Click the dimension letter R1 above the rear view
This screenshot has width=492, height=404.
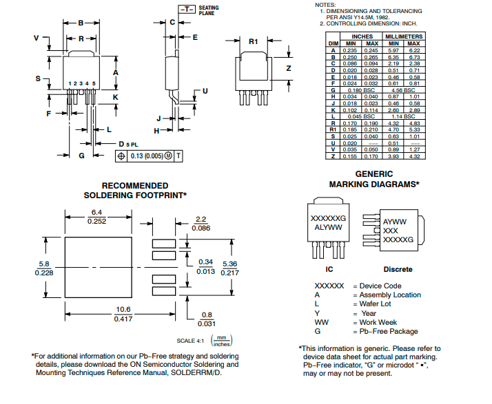(x=254, y=41)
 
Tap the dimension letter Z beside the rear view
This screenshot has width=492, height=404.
(x=289, y=68)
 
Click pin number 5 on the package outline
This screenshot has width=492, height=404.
(x=93, y=83)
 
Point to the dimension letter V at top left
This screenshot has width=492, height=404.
(x=37, y=39)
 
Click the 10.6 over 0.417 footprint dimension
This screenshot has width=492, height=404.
(x=123, y=315)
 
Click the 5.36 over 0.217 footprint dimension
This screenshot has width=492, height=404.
(x=231, y=268)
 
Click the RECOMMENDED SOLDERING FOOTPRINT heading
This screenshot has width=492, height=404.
(x=135, y=191)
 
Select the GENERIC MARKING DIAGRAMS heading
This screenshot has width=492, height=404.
(x=374, y=179)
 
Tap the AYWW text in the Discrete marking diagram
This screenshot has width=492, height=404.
(x=396, y=222)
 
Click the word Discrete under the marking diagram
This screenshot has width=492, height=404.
(x=398, y=269)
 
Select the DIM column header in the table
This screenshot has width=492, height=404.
(x=332, y=43)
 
